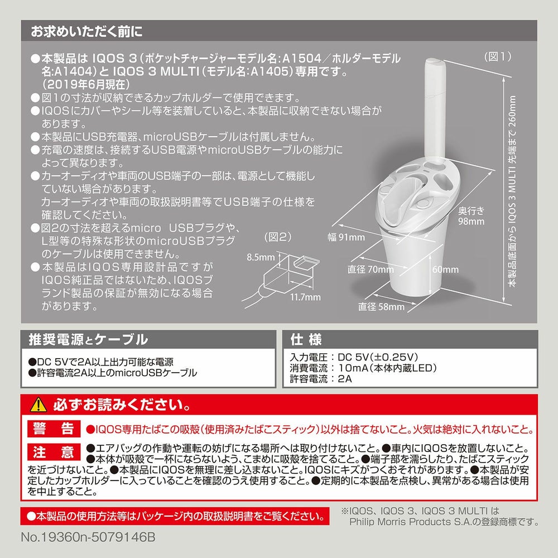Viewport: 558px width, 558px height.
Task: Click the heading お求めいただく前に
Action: click(86, 31)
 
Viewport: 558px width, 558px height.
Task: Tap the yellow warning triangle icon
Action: click(39, 405)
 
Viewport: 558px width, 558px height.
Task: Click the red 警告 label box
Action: click(54, 429)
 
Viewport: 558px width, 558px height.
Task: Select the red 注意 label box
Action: click(54, 452)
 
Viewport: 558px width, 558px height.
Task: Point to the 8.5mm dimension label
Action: click(261, 257)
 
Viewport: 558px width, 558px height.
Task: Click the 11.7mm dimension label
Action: click(305, 297)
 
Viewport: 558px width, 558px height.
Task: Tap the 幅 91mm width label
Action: click(347, 237)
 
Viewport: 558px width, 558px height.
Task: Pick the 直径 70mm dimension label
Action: click(371, 270)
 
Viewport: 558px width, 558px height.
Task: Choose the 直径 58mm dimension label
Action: click(381, 306)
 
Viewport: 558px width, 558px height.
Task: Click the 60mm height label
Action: click(445, 270)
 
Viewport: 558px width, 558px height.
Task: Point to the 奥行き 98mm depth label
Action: click(471, 216)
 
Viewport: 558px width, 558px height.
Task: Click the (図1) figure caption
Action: click(498, 56)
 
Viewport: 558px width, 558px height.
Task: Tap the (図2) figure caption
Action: click(277, 237)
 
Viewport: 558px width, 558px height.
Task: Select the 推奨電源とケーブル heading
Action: click(88, 339)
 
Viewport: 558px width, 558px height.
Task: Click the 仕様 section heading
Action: click(306, 339)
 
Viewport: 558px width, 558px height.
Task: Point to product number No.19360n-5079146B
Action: click(88, 537)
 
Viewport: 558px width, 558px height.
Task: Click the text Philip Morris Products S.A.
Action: click(406, 522)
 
